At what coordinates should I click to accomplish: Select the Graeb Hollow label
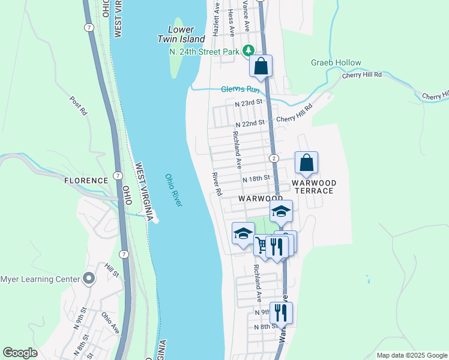[x=336, y=62]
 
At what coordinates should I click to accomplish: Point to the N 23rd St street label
[x=249, y=103]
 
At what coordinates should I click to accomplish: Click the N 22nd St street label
[x=250, y=123]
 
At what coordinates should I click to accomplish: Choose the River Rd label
[x=217, y=184]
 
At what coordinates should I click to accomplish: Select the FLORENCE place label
[x=86, y=180]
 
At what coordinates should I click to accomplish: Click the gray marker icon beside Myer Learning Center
[x=89, y=278]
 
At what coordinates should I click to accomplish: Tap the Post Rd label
[x=79, y=106]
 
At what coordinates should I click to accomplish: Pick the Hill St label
[x=112, y=271]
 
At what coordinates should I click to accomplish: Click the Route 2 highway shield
[x=273, y=158]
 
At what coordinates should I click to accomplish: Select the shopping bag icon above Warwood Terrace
[x=306, y=162]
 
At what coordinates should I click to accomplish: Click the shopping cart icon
[x=262, y=244]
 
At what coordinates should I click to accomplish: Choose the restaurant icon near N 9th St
[x=280, y=312]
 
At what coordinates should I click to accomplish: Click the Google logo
[x=20, y=353]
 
